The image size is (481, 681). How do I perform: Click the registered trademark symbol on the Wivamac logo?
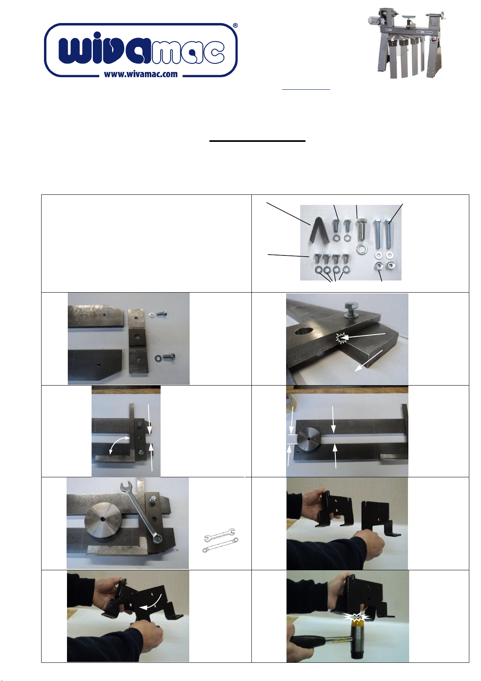[x=236, y=26]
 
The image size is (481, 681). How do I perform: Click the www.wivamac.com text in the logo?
[x=140, y=74]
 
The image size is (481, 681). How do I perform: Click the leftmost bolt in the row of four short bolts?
[x=318, y=260]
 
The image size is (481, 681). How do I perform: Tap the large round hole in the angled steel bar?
[x=303, y=331]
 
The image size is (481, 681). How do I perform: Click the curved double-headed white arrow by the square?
[x=118, y=445]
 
